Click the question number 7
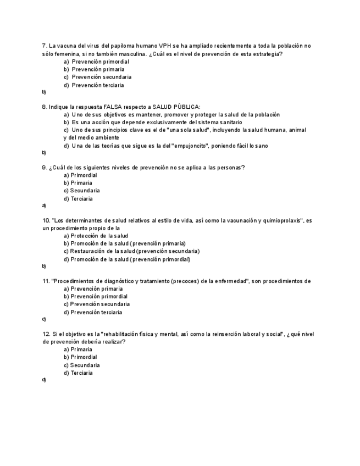(x=44, y=46)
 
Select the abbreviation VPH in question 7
(x=164, y=46)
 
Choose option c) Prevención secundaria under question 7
(x=97, y=77)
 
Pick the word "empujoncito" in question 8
(x=190, y=146)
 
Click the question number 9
(x=44, y=167)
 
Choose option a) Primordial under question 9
(x=80, y=175)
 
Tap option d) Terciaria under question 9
(x=78, y=199)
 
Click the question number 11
(x=46, y=281)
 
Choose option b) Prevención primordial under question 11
(x=96, y=296)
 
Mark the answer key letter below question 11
(x=44, y=319)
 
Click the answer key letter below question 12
(x=44, y=380)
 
